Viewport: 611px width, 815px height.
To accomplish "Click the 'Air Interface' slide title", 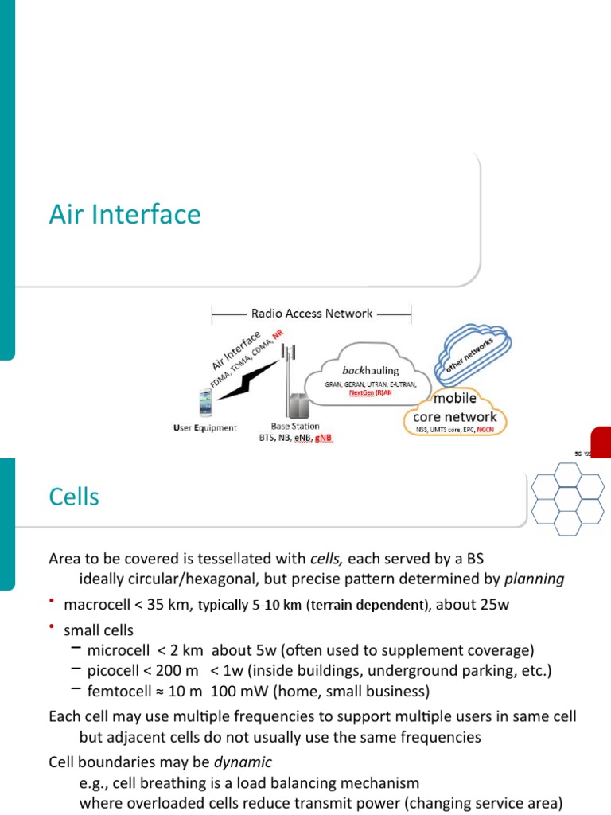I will point(125,215).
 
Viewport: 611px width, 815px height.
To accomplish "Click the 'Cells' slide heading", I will point(74,497).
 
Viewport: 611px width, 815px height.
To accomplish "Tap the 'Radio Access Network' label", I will point(311,314).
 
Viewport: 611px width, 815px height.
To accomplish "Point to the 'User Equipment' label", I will point(204,428).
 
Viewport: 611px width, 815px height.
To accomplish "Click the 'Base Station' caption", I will point(295,427).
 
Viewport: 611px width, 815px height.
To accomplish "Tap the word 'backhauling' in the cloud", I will point(371,370).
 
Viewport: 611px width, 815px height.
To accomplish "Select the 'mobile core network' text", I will point(454,407).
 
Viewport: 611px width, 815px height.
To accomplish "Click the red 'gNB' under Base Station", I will point(323,439).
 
